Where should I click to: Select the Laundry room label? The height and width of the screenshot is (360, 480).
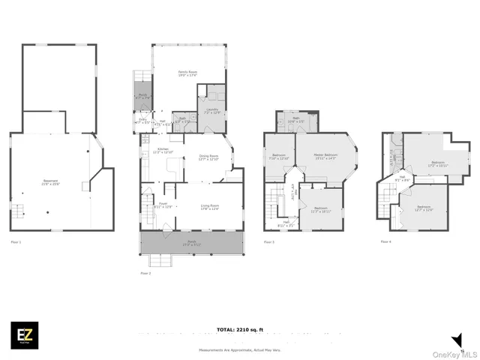(212, 110)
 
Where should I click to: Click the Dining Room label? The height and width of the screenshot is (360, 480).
(208, 157)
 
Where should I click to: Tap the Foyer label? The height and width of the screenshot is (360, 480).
(163, 206)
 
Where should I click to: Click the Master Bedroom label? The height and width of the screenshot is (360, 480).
(325, 156)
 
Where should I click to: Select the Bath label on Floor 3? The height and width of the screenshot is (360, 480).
(295, 119)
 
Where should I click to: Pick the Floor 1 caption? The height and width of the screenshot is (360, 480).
(16, 242)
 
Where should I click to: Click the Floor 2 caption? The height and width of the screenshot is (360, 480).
(145, 274)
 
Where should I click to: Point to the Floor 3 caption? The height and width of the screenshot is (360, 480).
(269, 242)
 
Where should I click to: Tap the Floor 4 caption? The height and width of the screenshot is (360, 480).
(385, 241)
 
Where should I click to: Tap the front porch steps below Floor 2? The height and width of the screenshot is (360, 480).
(160, 261)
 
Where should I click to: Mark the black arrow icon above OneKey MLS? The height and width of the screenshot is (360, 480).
(456, 339)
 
